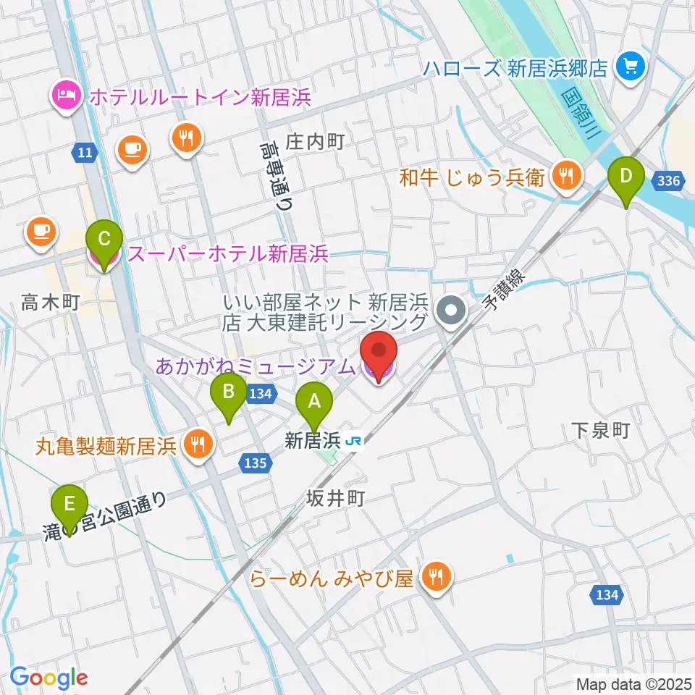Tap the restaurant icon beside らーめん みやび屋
pos(437,577)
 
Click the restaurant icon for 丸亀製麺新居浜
pos(197,443)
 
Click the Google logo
pos(49,678)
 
